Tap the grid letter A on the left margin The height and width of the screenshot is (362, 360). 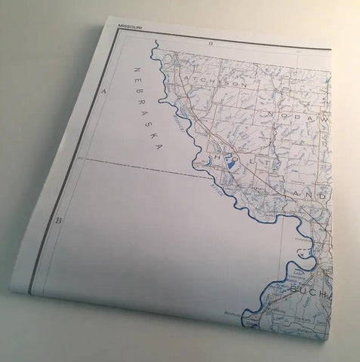pyautogui.click(x=103, y=90)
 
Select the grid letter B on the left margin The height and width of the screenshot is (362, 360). pyautogui.click(x=58, y=220)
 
